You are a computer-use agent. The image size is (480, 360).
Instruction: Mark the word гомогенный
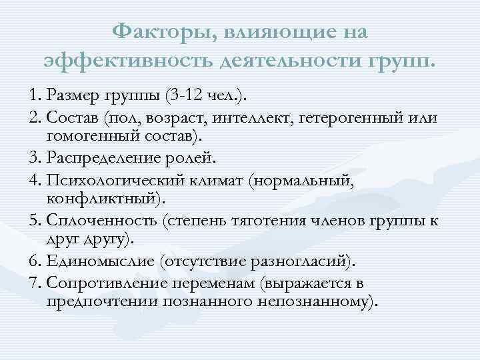click(x=89, y=137)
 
